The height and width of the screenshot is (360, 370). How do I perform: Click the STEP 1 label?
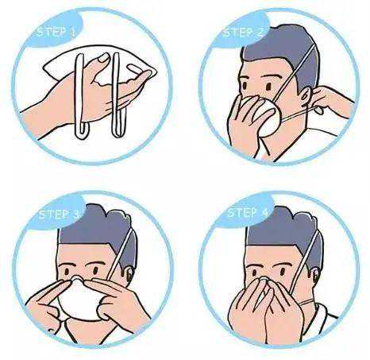point(56,33)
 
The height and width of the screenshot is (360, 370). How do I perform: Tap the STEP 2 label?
point(243,33)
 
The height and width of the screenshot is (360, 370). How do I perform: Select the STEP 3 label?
point(59,215)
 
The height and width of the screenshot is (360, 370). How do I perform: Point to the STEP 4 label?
point(248,213)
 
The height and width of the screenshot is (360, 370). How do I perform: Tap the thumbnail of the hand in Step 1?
point(103,58)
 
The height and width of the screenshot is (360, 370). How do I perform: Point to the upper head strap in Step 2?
point(295,73)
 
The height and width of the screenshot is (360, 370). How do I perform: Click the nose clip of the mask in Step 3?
point(77,278)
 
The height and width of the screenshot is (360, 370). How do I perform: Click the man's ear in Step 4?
point(316,276)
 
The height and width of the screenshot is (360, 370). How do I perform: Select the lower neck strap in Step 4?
point(308,302)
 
